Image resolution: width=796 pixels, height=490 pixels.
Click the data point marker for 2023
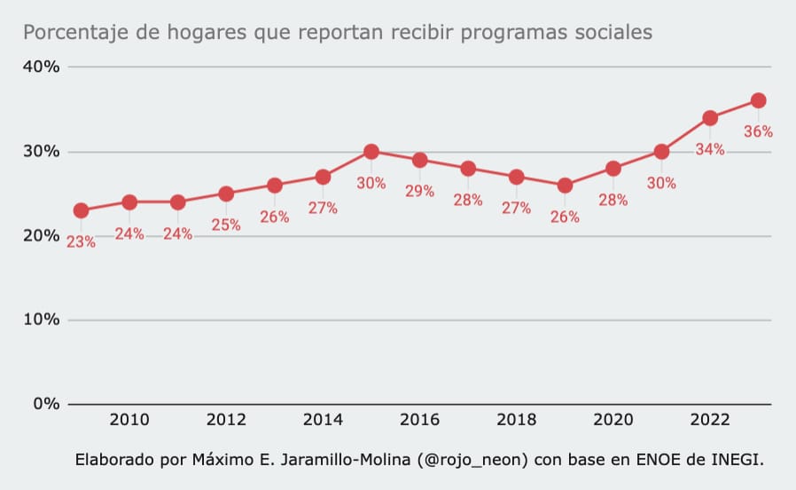(758, 100)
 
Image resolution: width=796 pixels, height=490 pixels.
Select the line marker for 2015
(371, 152)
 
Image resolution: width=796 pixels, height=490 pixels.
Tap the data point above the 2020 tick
(613, 169)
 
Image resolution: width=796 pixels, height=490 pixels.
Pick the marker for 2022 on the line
(710, 118)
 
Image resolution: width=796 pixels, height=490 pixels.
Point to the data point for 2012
(226, 194)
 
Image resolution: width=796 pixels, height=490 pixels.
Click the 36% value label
(758, 131)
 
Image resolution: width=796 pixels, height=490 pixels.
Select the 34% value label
(710, 149)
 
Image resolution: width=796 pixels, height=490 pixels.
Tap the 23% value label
(81, 241)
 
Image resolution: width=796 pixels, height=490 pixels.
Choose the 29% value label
(419, 191)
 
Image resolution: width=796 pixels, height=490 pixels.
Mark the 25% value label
(226, 225)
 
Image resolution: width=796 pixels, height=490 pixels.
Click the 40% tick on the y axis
(41, 67)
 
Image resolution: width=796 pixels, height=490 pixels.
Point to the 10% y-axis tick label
(41, 320)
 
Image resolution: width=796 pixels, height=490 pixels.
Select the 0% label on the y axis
(45, 404)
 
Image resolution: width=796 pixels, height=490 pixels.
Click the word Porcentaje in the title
(71, 33)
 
